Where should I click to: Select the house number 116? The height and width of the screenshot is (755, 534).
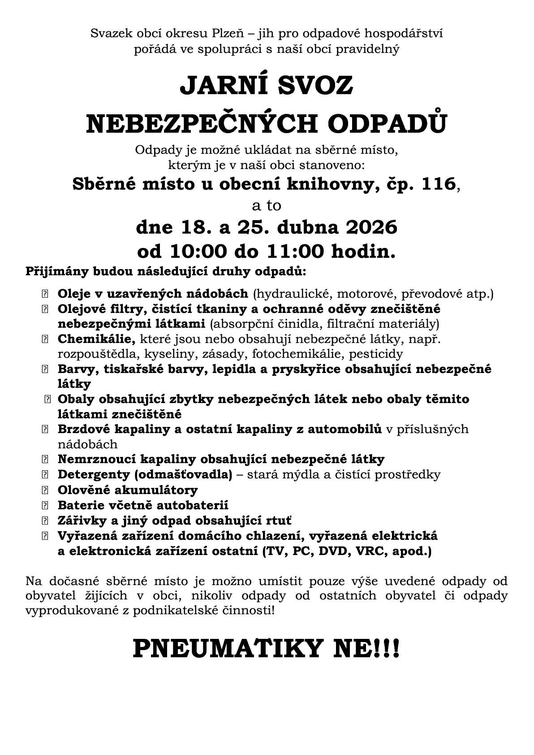[x=434, y=184]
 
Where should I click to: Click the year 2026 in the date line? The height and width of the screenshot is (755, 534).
[x=371, y=227]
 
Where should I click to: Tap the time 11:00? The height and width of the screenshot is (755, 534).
[x=296, y=252]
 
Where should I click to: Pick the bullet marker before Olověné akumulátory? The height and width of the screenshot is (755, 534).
[x=44, y=490]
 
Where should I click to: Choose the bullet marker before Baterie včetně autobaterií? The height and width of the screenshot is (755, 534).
[x=44, y=505]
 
